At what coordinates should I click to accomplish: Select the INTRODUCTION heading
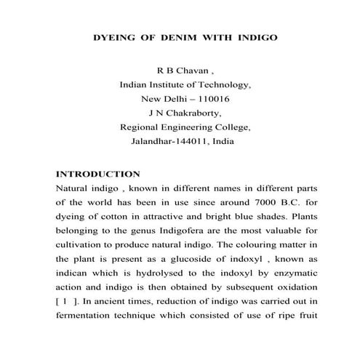[x=97, y=175]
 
